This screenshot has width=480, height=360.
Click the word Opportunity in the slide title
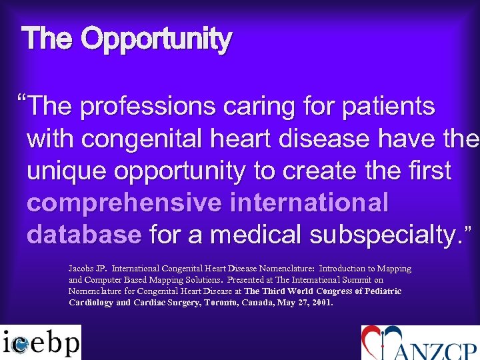click(157, 40)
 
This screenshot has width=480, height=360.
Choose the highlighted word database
click(85, 235)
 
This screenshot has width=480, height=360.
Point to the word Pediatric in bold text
click(380, 291)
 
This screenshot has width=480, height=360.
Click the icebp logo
click(41, 342)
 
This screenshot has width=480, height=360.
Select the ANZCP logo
click(419, 343)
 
